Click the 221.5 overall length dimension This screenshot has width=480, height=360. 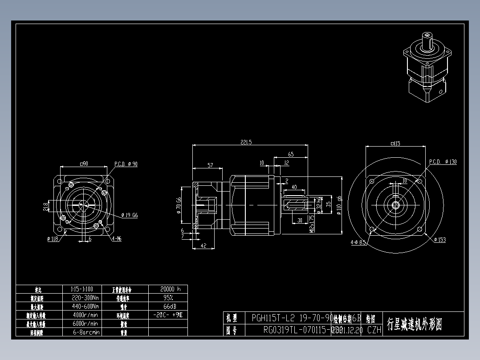point(246,142)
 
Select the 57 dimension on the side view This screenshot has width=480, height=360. point(210,165)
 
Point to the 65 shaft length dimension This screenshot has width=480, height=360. point(291,154)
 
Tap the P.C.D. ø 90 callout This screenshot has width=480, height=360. point(126,164)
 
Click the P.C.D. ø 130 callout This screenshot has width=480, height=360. point(443,162)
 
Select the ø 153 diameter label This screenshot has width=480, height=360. point(440,240)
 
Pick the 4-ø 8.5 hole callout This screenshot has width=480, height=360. point(358,243)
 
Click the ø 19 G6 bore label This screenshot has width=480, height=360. point(130,215)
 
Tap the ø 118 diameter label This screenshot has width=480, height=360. point(53,239)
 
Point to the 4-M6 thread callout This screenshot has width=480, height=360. point(117,239)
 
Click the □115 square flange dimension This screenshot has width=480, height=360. point(395,143)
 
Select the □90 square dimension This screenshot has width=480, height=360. point(84,164)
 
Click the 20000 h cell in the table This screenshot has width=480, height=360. point(168,289)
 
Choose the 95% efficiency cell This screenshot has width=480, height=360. point(168,297)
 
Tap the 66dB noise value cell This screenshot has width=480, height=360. point(168,306)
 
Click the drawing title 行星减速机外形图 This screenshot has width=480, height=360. point(415,324)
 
